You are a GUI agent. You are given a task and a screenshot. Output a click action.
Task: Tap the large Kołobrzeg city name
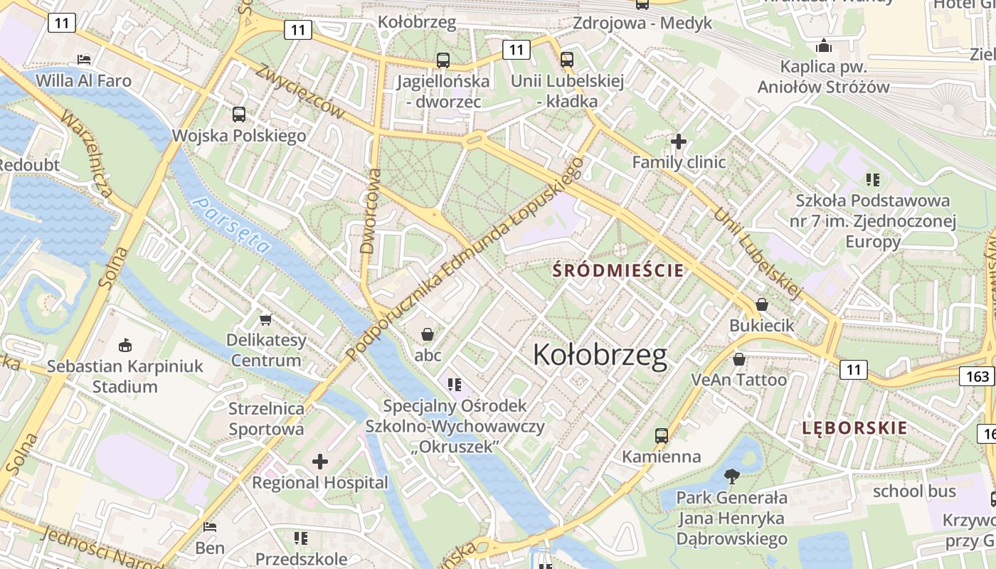click(x=600, y=355)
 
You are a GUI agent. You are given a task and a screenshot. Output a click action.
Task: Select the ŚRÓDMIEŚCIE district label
click(x=618, y=270)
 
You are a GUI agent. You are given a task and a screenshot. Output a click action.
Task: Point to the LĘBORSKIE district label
click(x=854, y=428)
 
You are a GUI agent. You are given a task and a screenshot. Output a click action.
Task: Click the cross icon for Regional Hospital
click(x=320, y=462)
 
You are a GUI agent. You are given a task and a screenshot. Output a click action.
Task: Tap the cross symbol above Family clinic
click(x=679, y=142)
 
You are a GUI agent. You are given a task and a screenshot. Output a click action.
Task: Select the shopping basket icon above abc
click(x=428, y=334)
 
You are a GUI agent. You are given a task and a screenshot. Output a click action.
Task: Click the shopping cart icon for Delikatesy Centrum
click(x=266, y=319)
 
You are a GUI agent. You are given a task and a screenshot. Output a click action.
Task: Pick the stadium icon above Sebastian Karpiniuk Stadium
click(x=125, y=346)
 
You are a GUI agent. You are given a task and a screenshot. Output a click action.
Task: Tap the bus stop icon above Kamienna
click(x=662, y=435)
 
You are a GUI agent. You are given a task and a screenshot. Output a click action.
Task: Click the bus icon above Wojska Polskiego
click(x=239, y=115)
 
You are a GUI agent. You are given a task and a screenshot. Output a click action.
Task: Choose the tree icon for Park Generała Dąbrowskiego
click(x=731, y=477)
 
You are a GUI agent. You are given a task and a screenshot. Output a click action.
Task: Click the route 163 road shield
click(x=978, y=376)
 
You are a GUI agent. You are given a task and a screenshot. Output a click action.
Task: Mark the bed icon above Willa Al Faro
click(x=84, y=59)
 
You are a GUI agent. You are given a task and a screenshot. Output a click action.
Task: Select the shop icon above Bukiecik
click(x=761, y=304)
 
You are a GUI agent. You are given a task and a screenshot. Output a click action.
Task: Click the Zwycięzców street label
click(x=300, y=92)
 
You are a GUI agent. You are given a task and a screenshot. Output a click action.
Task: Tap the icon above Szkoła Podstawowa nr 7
click(x=873, y=180)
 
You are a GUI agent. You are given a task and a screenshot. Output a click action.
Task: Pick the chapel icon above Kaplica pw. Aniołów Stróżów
click(x=824, y=46)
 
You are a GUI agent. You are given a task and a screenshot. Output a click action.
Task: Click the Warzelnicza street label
click(x=88, y=154)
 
